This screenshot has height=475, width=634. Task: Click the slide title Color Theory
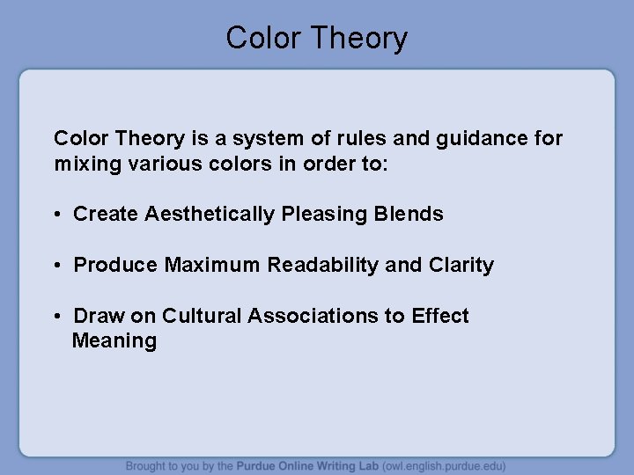click(316, 38)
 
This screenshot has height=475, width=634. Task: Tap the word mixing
click(84, 164)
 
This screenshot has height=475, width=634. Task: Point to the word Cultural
click(202, 316)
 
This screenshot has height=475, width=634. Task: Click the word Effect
click(440, 316)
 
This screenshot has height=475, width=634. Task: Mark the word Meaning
click(114, 341)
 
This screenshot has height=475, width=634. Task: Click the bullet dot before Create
click(58, 215)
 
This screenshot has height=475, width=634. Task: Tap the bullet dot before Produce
click(58, 266)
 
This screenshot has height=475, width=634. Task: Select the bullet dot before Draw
click(58, 317)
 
